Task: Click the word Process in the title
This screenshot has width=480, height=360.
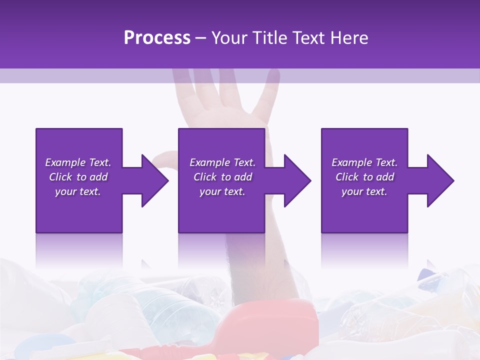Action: (x=157, y=38)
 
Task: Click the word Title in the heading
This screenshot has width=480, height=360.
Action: (x=270, y=38)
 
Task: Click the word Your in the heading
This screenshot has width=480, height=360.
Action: (x=229, y=38)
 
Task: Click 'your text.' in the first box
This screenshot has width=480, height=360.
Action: (x=78, y=191)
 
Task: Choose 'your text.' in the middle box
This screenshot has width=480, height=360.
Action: (x=222, y=191)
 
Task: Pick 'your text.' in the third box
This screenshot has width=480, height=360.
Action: (x=364, y=191)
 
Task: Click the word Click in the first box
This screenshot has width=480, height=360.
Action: (x=61, y=177)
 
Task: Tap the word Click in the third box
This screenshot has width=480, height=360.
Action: (x=347, y=177)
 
